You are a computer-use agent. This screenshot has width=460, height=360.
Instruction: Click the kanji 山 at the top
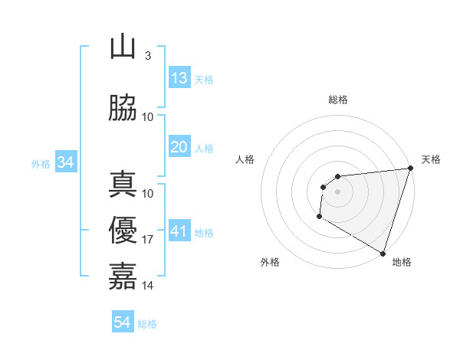pyautogui.click(x=123, y=47)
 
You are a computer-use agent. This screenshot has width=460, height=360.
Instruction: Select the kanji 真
pyautogui.click(x=123, y=184)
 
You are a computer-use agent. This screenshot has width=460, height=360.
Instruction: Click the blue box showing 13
pyautogui.click(x=179, y=78)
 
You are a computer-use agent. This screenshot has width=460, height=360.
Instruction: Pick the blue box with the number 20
pyautogui.click(x=179, y=147)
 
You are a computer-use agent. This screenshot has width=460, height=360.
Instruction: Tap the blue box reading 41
pyautogui.click(x=179, y=231)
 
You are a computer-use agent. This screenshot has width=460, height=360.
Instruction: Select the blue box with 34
pyautogui.click(x=65, y=162)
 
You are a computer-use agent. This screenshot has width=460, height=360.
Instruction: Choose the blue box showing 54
pyautogui.click(x=123, y=322)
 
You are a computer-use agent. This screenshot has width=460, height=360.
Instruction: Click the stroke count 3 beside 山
pyautogui.click(x=147, y=56)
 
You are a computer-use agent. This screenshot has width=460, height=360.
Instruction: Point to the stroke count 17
pyautogui.click(x=148, y=240)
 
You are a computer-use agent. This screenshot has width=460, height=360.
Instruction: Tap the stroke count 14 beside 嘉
pyautogui.click(x=148, y=286)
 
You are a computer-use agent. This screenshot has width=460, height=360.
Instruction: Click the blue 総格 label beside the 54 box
pyautogui.click(x=147, y=324)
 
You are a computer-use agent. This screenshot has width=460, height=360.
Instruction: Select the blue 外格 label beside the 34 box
pyautogui.click(x=41, y=163)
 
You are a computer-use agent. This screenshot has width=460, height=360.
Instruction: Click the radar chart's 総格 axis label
pyautogui.click(x=337, y=100)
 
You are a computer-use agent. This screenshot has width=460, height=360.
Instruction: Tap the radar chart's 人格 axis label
pyautogui.click(x=245, y=159)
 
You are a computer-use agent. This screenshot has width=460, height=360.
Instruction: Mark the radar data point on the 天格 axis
pyautogui.click(x=410, y=169)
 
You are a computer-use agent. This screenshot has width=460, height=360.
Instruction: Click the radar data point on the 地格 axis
pyautogui.click(x=383, y=254)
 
